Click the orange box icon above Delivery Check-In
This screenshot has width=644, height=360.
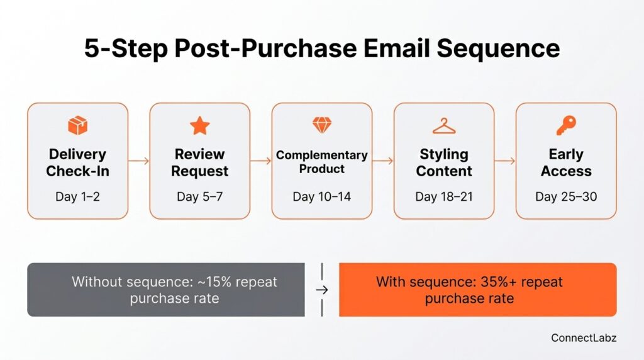[x=77, y=126]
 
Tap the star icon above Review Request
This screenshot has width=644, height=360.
[x=199, y=126]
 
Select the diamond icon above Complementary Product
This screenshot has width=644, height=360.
[x=322, y=125]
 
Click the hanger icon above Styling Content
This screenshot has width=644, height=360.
[x=443, y=126]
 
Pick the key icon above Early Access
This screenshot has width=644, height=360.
[x=565, y=126]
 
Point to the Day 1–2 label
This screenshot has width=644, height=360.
[x=77, y=197]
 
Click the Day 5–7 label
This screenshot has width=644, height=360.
[x=199, y=197]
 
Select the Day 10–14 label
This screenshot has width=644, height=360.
[x=322, y=197]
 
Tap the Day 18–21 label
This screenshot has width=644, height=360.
[x=443, y=197]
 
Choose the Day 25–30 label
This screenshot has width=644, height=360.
[x=566, y=197]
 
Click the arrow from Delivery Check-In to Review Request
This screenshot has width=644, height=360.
[x=138, y=161]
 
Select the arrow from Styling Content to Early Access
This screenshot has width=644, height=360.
[x=505, y=161]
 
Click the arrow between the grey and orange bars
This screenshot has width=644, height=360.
[x=322, y=290]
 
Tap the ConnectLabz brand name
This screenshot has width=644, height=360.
[x=584, y=338]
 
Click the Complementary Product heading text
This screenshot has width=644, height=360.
[x=322, y=162]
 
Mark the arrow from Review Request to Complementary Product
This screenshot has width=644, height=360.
[x=260, y=161]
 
